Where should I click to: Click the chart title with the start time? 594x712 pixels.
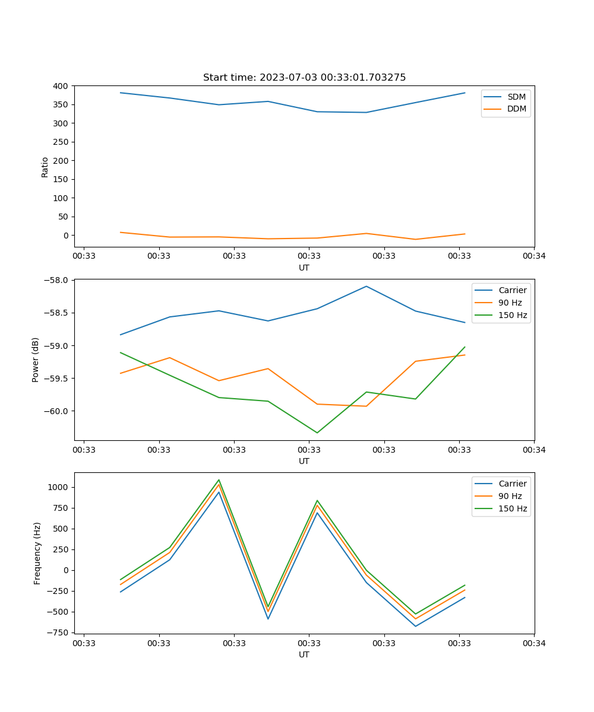[x=304, y=78]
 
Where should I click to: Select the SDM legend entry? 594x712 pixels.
[x=516, y=97]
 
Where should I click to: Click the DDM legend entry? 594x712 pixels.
[x=516, y=109]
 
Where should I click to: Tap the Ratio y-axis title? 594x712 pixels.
[x=45, y=167]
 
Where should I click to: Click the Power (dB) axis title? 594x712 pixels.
[x=36, y=360]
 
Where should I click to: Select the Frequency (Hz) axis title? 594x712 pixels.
[x=37, y=553]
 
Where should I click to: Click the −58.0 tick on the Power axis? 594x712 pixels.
[x=57, y=280]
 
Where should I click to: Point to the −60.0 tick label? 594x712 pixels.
[x=57, y=411]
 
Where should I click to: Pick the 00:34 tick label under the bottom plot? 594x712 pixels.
[x=534, y=643]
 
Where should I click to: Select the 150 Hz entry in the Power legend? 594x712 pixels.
[x=513, y=315]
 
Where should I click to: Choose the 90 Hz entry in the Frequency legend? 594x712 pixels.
[x=510, y=496]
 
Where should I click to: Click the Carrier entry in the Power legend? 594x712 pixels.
[x=513, y=290]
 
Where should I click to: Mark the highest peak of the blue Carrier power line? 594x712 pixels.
[x=366, y=286]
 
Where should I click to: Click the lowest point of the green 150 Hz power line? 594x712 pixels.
[x=317, y=433]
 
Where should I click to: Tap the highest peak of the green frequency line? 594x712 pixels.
[x=219, y=479]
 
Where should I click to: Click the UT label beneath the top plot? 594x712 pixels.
[x=304, y=268]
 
